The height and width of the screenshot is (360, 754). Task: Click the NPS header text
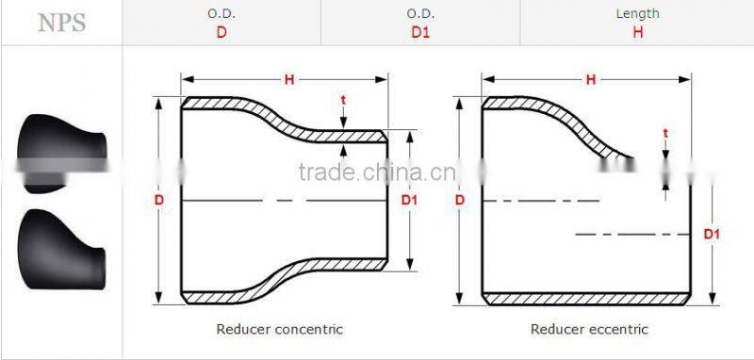pyautogui.click(x=61, y=24)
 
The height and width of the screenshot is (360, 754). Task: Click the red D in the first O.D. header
pyautogui.click(x=221, y=32)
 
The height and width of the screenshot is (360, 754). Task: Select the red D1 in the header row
pyautogui.click(x=420, y=32)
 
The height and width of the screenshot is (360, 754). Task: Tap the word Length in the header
pyautogui.click(x=637, y=13)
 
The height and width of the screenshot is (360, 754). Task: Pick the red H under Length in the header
pyautogui.click(x=637, y=32)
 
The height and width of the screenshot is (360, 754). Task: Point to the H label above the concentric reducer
pyautogui.click(x=289, y=80)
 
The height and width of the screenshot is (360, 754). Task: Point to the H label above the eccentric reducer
pyautogui.click(x=590, y=80)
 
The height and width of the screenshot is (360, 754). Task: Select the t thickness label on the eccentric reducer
pyautogui.click(x=665, y=133)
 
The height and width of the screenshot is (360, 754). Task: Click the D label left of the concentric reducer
pyautogui.click(x=159, y=200)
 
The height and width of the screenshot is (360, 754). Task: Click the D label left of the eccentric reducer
pyautogui.click(x=460, y=200)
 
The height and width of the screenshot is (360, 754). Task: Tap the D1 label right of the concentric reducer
pyautogui.click(x=409, y=200)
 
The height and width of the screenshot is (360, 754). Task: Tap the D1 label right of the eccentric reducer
pyautogui.click(x=712, y=233)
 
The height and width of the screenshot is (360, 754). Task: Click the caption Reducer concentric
pyautogui.click(x=280, y=329)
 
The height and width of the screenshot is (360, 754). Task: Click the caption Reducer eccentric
pyautogui.click(x=589, y=329)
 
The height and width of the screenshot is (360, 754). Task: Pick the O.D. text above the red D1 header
pyautogui.click(x=420, y=13)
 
